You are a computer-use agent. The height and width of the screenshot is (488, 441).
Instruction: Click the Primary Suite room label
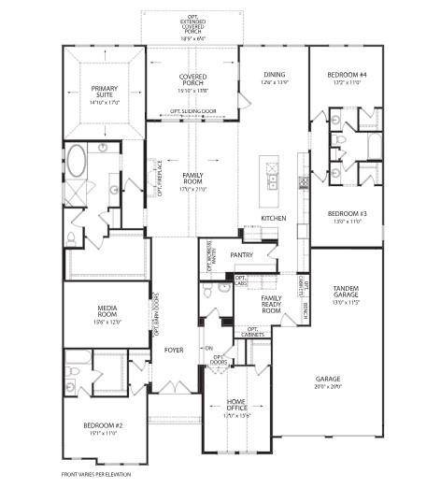click(105, 93)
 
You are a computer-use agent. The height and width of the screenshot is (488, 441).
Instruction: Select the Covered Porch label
click(192, 81)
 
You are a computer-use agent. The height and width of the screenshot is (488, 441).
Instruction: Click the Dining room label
click(274, 76)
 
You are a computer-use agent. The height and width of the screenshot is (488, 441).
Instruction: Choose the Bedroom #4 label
click(345, 78)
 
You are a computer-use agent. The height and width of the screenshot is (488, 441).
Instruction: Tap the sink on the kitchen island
click(273, 180)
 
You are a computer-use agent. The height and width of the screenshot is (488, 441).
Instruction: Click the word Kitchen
click(274, 219)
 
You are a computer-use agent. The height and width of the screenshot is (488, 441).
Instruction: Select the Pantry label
click(242, 254)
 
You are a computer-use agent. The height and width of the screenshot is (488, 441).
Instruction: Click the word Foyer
click(174, 351)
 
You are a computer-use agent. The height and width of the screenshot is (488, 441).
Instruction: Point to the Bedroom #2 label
click(103, 429)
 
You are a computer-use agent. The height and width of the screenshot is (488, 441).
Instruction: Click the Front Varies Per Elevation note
click(96, 475)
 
